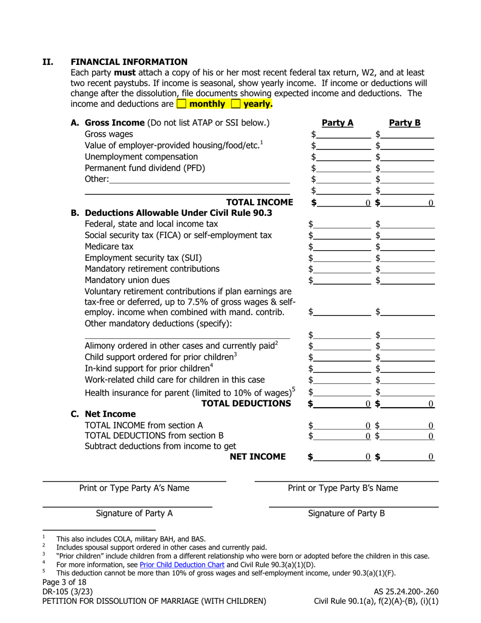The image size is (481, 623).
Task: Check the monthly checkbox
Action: pos(181,104)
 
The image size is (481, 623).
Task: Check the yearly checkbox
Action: pos(235,104)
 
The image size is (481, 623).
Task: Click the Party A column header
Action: pos(338,123)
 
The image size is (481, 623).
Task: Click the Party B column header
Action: pos(405,123)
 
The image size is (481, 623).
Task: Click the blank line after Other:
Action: pos(199,179)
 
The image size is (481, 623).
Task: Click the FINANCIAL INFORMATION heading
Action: pos(129,62)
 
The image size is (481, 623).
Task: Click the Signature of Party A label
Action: pos(134,513)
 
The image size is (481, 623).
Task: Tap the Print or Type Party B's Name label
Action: pos(343,488)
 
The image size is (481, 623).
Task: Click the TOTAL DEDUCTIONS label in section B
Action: pos(247,403)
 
